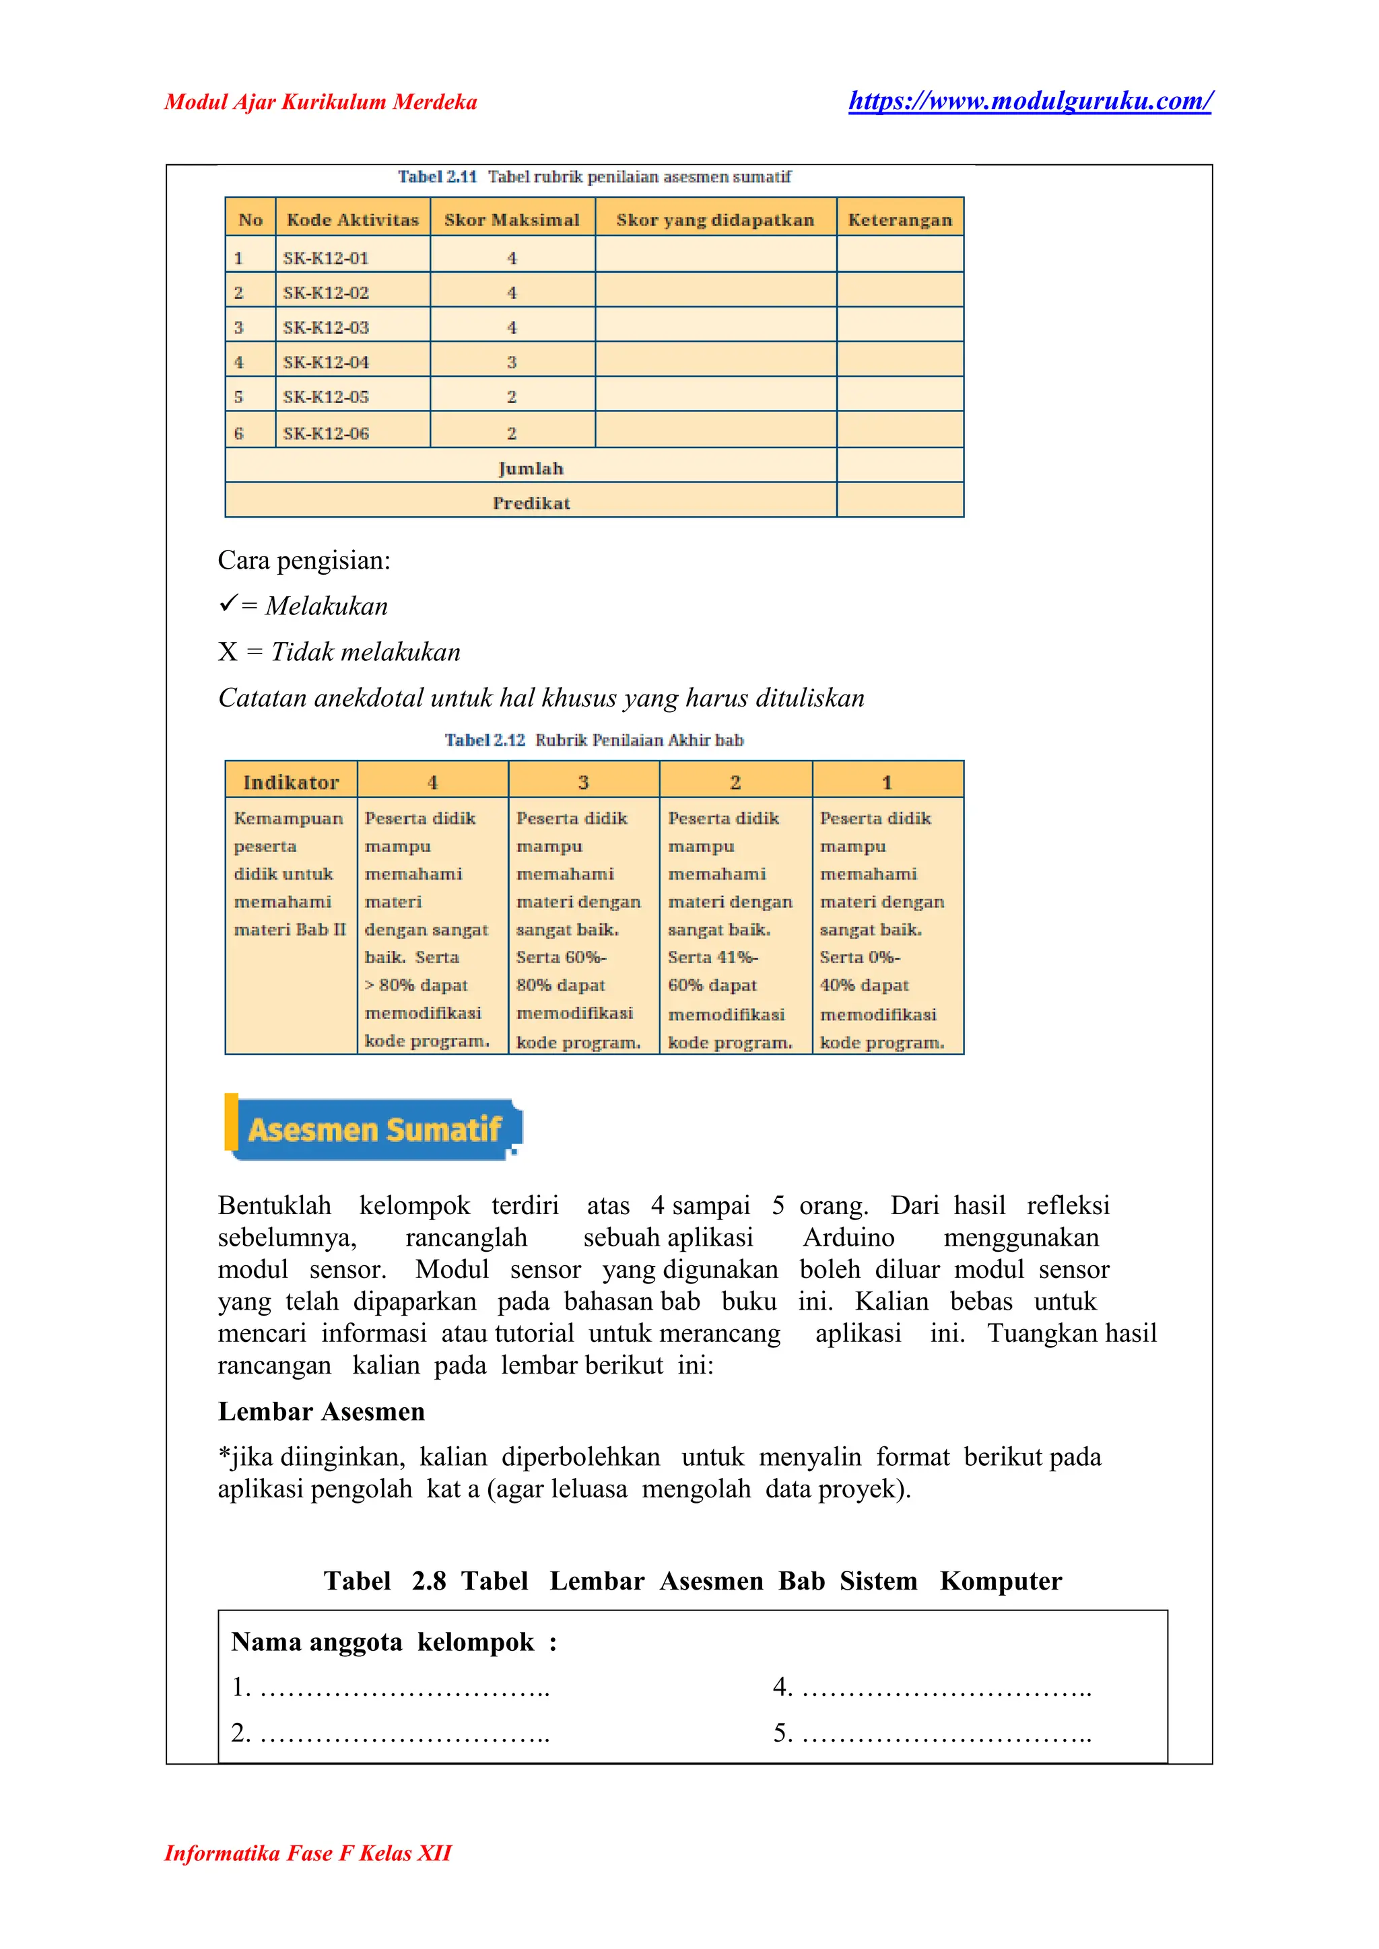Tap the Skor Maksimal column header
click(511, 220)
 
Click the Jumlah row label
click(530, 468)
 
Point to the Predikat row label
click(531, 503)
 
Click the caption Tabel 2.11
click(436, 176)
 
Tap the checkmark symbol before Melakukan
click(227, 604)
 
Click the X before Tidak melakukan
click(227, 652)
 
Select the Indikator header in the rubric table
click(290, 782)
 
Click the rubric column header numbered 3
click(583, 782)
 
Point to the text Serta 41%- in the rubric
click(712, 957)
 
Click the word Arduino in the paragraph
click(848, 1237)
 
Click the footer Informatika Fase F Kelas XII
click(308, 1852)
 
